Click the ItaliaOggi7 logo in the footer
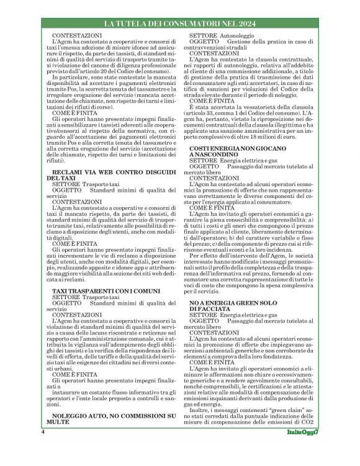[302, 449]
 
